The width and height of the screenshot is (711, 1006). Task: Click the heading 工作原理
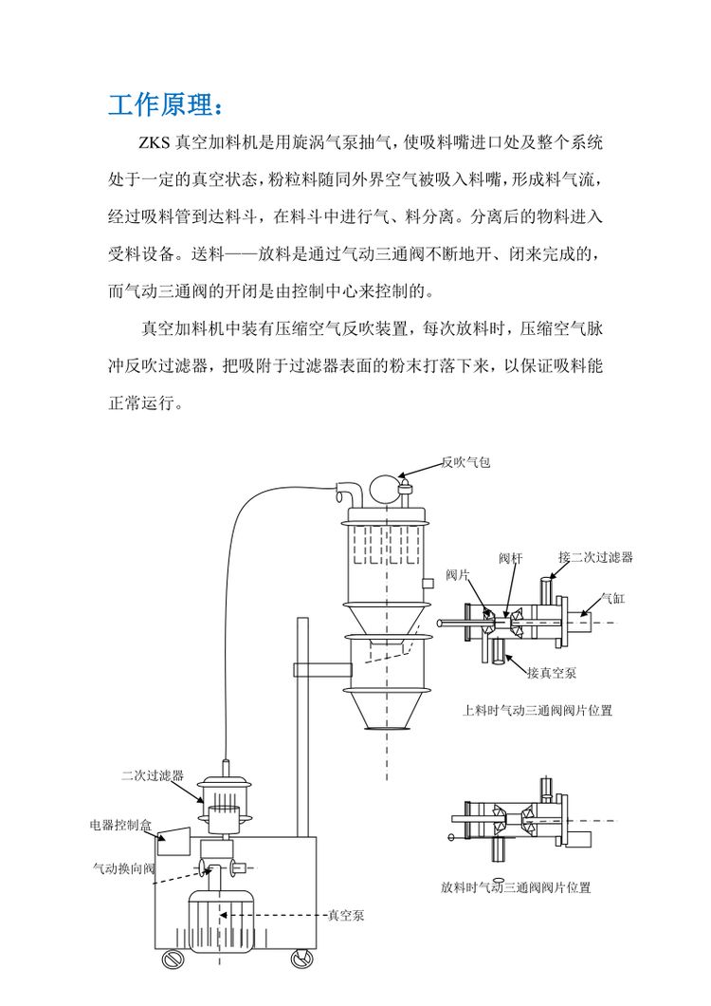tap(167, 103)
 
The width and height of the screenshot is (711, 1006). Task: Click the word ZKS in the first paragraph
tap(155, 145)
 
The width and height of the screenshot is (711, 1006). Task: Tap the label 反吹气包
tap(465, 462)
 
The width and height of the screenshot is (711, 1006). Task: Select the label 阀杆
tap(511, 557)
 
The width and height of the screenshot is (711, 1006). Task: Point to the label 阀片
tap(458, 575)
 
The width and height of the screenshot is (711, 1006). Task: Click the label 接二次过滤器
tap(595, 557)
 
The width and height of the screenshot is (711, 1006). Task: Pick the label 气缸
tap(613, 599)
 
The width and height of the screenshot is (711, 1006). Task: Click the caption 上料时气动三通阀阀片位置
tap(537, 709)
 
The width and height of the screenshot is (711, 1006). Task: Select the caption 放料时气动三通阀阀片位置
tap(515, 887)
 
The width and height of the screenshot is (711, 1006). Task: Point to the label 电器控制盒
tap(120, 825)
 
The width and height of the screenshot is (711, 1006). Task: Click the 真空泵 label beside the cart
tap(346, 915)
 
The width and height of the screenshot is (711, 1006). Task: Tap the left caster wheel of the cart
tap(172, 959)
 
